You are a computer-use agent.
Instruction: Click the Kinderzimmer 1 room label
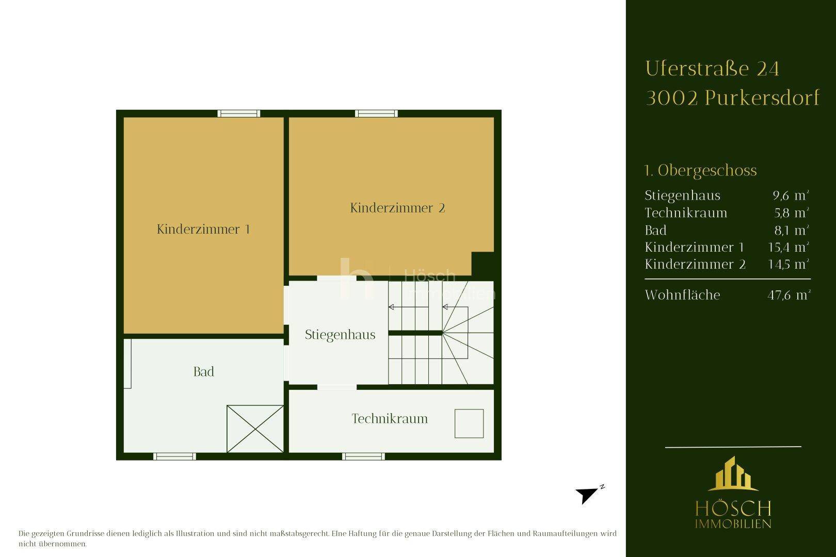pos(203,229)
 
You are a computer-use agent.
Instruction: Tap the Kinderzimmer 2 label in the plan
pos(397,208)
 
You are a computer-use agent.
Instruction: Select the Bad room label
pos(203,371)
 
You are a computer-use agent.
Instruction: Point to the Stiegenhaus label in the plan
pos(340,335)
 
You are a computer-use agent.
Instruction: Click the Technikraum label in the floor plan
pos(390,419)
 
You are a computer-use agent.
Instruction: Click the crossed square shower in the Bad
pos(255,429)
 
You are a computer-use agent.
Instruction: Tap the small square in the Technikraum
pos(469,423)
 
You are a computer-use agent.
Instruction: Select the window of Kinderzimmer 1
pos(239,113)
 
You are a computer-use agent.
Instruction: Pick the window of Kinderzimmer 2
pos(376,113)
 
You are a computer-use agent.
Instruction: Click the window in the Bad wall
pos(174,456)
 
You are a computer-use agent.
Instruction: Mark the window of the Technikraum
pos(363,456)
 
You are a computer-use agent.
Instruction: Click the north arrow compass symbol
pos(589,495)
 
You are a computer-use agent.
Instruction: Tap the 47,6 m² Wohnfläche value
pos(789,295)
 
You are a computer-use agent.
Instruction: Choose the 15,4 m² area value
pos(789,247)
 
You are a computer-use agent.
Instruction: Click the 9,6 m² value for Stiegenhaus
pos(791,195)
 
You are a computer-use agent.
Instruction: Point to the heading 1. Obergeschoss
pos(700,171)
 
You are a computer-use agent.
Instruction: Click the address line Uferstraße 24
pos(712,69)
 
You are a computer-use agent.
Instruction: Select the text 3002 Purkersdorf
pos(733,98)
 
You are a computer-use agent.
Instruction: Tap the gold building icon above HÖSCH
pos(733,473)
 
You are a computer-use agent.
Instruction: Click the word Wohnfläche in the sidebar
pos(683,294)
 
